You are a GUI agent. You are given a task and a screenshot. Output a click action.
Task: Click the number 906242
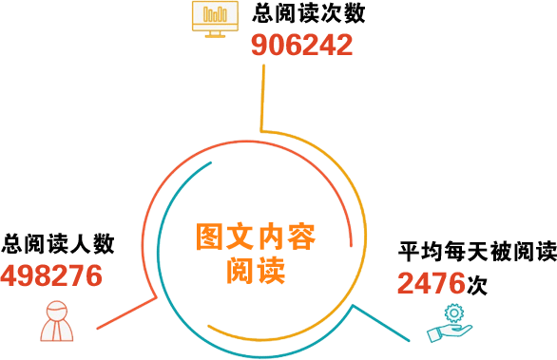(x=302, y=45)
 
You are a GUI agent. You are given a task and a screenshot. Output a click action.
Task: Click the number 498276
(x=51, y=275)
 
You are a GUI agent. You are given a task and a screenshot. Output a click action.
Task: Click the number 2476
(x=432, y=283)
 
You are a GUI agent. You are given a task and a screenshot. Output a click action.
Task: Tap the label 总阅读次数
(x=309, y=14)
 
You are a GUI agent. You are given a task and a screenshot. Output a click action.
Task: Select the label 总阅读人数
(x=58, y=244)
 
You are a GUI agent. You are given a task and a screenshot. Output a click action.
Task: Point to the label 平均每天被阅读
(x=477, y=251)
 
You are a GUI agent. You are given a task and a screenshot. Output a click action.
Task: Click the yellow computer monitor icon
(x=215, y=19)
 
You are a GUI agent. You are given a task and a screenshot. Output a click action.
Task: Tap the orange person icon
(x=57, y=321)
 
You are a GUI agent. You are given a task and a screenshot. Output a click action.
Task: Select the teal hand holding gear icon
(x=450, y=323)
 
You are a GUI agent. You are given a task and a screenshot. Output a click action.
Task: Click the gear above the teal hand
(x=454, y=313)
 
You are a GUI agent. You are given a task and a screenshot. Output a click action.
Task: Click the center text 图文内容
(x=256, y=237)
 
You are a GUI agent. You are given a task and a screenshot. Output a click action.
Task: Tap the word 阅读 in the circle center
(x=256, y=270)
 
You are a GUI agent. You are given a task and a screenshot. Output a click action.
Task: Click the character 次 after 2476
(x=477, y=284)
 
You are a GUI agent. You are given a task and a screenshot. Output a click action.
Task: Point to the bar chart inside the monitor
(x=215, y=14)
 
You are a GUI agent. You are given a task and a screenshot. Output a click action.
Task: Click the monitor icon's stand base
(x=215, y=35)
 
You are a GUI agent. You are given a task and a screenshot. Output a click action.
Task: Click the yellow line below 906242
(x=262, y=98)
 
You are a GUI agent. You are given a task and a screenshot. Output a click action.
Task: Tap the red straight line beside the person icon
(x=126, y=313)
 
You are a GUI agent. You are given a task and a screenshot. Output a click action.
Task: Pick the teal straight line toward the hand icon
(x=381, y=323)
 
